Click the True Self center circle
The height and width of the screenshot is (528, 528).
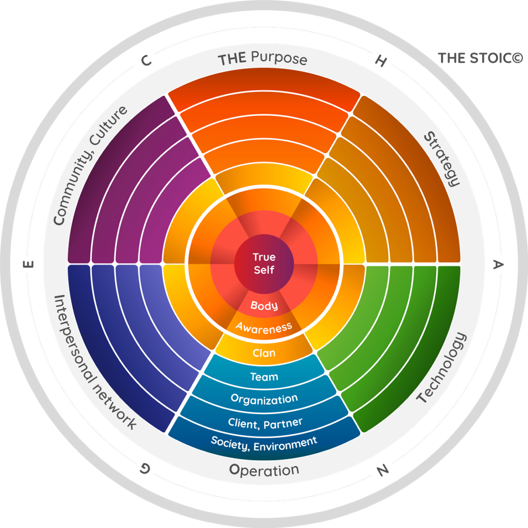click(264, 263)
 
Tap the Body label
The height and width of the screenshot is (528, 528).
click(264, 305)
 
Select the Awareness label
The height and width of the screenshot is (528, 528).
click(264, 327)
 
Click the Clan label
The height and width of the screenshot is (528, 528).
click(264, 353)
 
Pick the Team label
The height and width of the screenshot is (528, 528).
click(264, 377)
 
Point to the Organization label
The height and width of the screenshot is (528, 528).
click(264, 399)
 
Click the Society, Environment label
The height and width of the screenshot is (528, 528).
click(264, 442)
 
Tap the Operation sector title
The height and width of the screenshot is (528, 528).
click(264, 470)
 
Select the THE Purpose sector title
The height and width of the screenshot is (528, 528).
click(262, 58)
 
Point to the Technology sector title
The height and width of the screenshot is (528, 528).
click(441, 368)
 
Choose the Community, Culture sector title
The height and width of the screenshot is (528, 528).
click(90, 166)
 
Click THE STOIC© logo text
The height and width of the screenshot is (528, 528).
click(480, 58)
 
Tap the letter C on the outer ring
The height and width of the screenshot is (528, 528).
click(146, 61)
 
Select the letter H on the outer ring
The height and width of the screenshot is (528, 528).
click(381, 61)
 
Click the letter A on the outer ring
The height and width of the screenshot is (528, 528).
click(498, 265)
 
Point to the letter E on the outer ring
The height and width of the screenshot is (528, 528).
click(29, 265)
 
